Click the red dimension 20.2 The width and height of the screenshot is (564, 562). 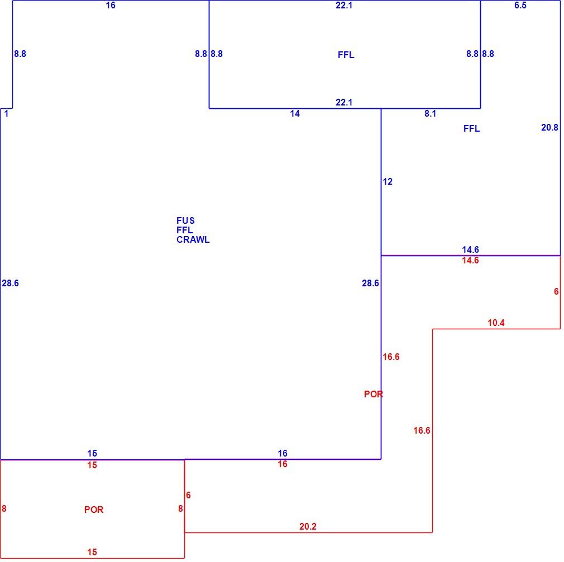[308, 526]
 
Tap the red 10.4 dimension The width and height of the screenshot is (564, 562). [496, 323]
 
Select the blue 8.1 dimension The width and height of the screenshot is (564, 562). [430, 114]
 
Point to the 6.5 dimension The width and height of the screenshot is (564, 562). [520, 5]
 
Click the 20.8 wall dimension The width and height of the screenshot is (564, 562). [549, 127]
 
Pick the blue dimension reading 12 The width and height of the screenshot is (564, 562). [388, 181]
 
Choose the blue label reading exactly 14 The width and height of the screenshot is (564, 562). [295, 114]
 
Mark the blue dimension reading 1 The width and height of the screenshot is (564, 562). [6, 114]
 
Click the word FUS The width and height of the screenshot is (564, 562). [185, 220]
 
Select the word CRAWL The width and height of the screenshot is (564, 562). [193, 239]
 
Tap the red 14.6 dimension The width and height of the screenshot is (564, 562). [470, 260]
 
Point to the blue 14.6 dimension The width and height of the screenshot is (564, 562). [470, 249]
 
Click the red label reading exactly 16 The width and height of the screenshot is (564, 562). [283, 464]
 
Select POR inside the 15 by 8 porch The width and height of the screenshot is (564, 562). [93, 510]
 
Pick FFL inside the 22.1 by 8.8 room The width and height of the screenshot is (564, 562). [346, 55]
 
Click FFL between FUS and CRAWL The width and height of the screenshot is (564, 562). [184, 230]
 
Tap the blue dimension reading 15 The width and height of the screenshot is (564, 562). [92, 453]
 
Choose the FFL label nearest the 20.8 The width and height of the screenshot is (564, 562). [471, 129]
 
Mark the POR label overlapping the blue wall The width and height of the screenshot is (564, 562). [374, 394]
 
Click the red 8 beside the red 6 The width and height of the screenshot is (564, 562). [180, 508]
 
